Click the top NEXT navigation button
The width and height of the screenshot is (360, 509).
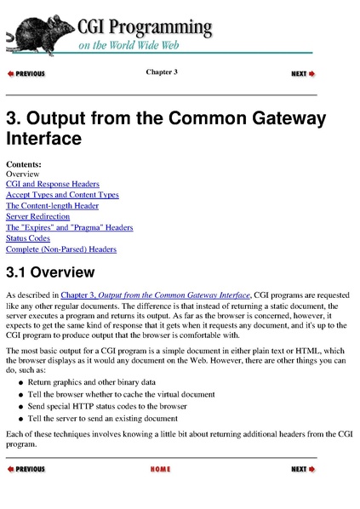pos(303,74)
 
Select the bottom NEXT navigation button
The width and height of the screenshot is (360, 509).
pos(303,469)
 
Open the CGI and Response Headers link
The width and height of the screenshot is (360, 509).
pos(52,184)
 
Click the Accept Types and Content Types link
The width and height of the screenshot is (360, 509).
pos(62,195)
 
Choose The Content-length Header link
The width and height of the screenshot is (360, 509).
pos(52,206)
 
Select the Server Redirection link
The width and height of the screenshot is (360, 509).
pos(37,217)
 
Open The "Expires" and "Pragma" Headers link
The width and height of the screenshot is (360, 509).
pos(69,228)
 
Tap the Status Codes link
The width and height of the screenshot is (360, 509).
pos(29,239)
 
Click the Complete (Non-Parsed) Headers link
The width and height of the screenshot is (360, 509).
pos(61,250)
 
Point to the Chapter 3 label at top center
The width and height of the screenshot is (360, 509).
pos(162,72)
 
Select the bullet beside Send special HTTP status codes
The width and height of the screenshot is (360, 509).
pos(20,408)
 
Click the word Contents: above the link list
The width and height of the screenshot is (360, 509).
pos(24,163)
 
